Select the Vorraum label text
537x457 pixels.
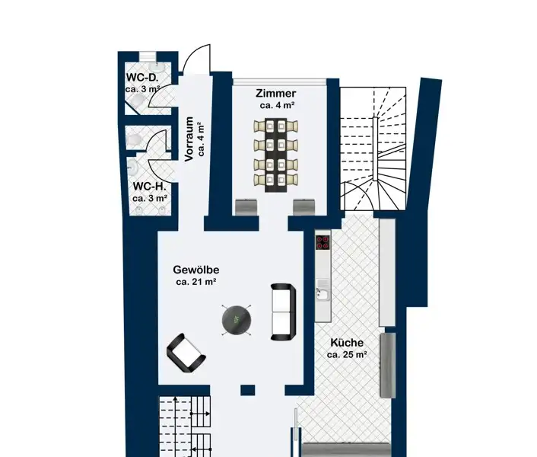[189, 139]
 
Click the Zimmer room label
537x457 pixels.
[276, 93]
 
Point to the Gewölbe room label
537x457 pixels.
[196, 270]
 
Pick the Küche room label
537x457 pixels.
[347, 343]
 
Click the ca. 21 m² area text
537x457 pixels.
[196, 282]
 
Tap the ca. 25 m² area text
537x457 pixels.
[347, 354]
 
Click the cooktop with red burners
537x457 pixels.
[323, 242]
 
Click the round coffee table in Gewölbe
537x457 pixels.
[237, 321]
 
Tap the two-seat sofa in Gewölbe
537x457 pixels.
[283, 312]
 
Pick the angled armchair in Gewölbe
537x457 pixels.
[186, 353]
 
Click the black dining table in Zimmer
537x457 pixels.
[275, 155]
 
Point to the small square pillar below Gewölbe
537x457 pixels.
[248, 390]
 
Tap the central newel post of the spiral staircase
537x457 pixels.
[375, 149]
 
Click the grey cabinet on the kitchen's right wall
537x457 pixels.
[388, 366]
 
